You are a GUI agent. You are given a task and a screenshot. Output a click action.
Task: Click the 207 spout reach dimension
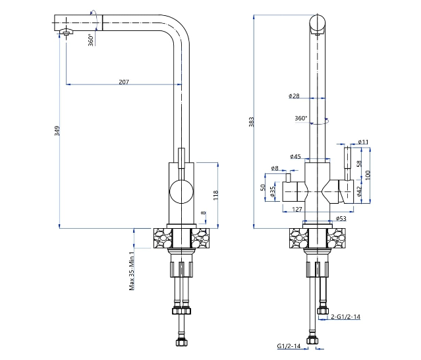pos(124,82)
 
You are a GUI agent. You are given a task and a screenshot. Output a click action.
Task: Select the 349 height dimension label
pos(57,131)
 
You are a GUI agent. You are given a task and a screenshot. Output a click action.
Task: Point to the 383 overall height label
pos(251,122)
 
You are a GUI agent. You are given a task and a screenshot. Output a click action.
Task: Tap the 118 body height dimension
pos(216,195)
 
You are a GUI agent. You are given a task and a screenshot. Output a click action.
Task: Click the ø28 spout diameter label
pos(294,96)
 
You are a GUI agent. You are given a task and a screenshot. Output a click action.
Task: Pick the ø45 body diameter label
pos(295,156)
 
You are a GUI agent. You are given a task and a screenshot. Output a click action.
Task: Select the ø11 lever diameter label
pos(363,142)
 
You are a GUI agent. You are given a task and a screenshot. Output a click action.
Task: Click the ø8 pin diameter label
pos(275,168)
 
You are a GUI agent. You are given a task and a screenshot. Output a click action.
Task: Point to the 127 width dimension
pos(297,209)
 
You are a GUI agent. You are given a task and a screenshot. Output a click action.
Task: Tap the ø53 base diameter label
pos(341,219)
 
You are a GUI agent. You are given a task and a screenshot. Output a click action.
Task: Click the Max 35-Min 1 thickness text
pos(132,271)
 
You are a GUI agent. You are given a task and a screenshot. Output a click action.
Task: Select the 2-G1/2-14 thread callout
pos(345,316)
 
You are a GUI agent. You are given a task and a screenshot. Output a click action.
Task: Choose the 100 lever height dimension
pos(368,175)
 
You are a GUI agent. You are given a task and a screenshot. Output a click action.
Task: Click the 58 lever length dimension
pos(359,164)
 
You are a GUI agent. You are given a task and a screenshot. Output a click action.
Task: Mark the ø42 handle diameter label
pos(360,191)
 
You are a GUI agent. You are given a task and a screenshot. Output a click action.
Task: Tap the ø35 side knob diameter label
pos(273,192)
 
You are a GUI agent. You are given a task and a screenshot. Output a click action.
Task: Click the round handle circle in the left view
pos(181,180)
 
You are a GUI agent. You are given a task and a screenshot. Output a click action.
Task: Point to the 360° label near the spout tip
pos(92,40)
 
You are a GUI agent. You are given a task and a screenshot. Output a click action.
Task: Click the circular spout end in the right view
pos(318,15)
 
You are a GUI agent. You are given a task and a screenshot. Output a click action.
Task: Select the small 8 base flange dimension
pos(204,213)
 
